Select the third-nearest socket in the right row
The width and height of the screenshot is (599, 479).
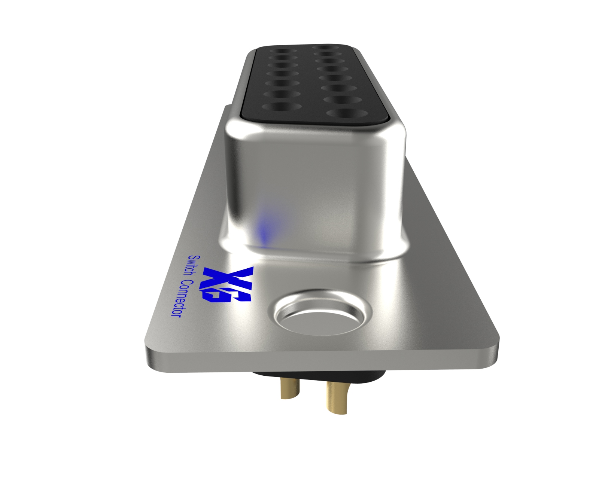pos(335,88)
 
